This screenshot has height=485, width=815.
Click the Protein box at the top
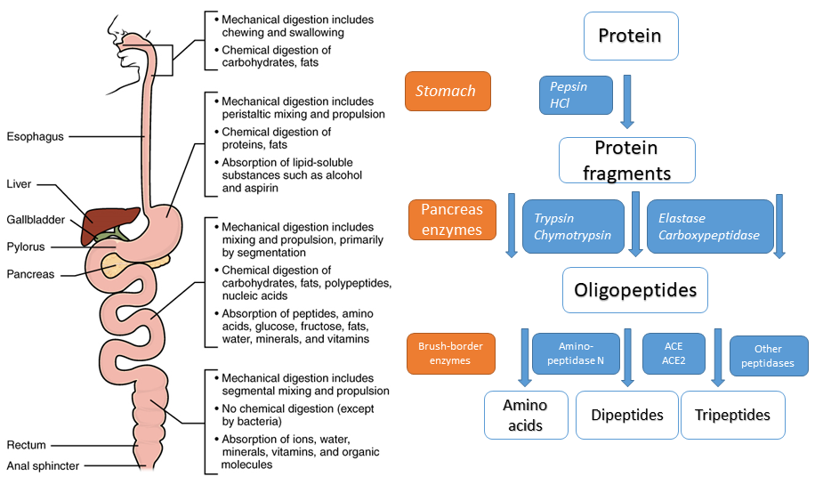(630, 36)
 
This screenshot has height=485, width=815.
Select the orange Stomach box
(448, 91)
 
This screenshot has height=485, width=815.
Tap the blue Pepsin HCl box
(576, 95)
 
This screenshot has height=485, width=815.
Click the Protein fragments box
(626, 159)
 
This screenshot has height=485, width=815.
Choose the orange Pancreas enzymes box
(451, 220)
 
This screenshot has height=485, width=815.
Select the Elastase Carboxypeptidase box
(709, 226)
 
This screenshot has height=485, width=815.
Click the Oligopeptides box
(634, 290)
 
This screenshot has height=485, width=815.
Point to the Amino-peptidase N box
(576, 352)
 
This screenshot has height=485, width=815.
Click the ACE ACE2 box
(674, 353)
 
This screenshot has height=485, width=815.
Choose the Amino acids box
(525, 415)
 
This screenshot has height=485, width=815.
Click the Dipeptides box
(627, 415)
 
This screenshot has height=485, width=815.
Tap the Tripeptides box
(733, 415)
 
